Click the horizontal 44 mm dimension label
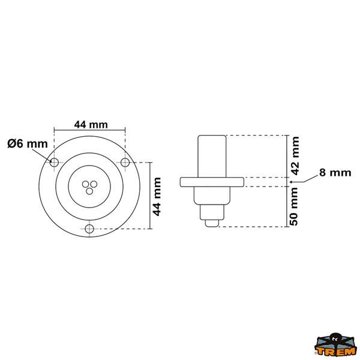coord(91,125)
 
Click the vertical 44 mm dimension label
coord(157,197)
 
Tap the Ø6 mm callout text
coord(28,144)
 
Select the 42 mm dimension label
coord(295,155)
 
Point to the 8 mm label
coord(335,173)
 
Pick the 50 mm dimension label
coord(294,206)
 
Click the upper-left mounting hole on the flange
coord(55,163)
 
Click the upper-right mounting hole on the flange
coord(125,163)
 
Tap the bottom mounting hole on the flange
coord(89,229)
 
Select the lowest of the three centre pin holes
coord(89,191)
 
